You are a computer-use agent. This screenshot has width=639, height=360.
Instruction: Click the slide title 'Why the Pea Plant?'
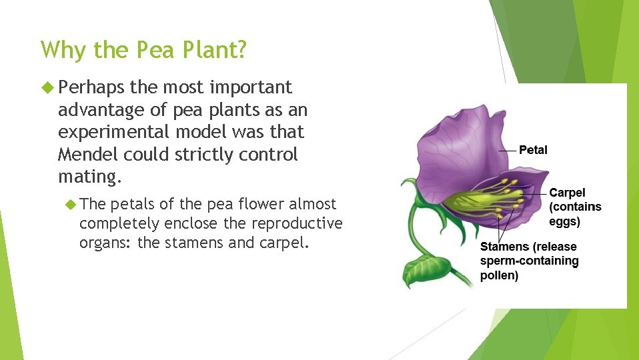(x=143, y=50)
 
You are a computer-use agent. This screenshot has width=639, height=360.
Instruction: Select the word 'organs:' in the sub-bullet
(x=105, y=243)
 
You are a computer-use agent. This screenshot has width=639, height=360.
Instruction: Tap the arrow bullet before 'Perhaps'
(x=46, y=87)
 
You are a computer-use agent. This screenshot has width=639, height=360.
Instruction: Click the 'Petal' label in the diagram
(x=533, y=150)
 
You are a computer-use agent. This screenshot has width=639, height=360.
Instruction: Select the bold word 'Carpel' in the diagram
(x=567, y=193)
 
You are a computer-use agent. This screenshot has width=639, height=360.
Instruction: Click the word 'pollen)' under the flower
(x=499, y=275)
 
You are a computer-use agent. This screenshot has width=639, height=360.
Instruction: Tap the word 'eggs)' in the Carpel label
(x=564, y=221)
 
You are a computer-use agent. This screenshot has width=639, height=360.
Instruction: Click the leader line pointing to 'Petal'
(x=507, y=151)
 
